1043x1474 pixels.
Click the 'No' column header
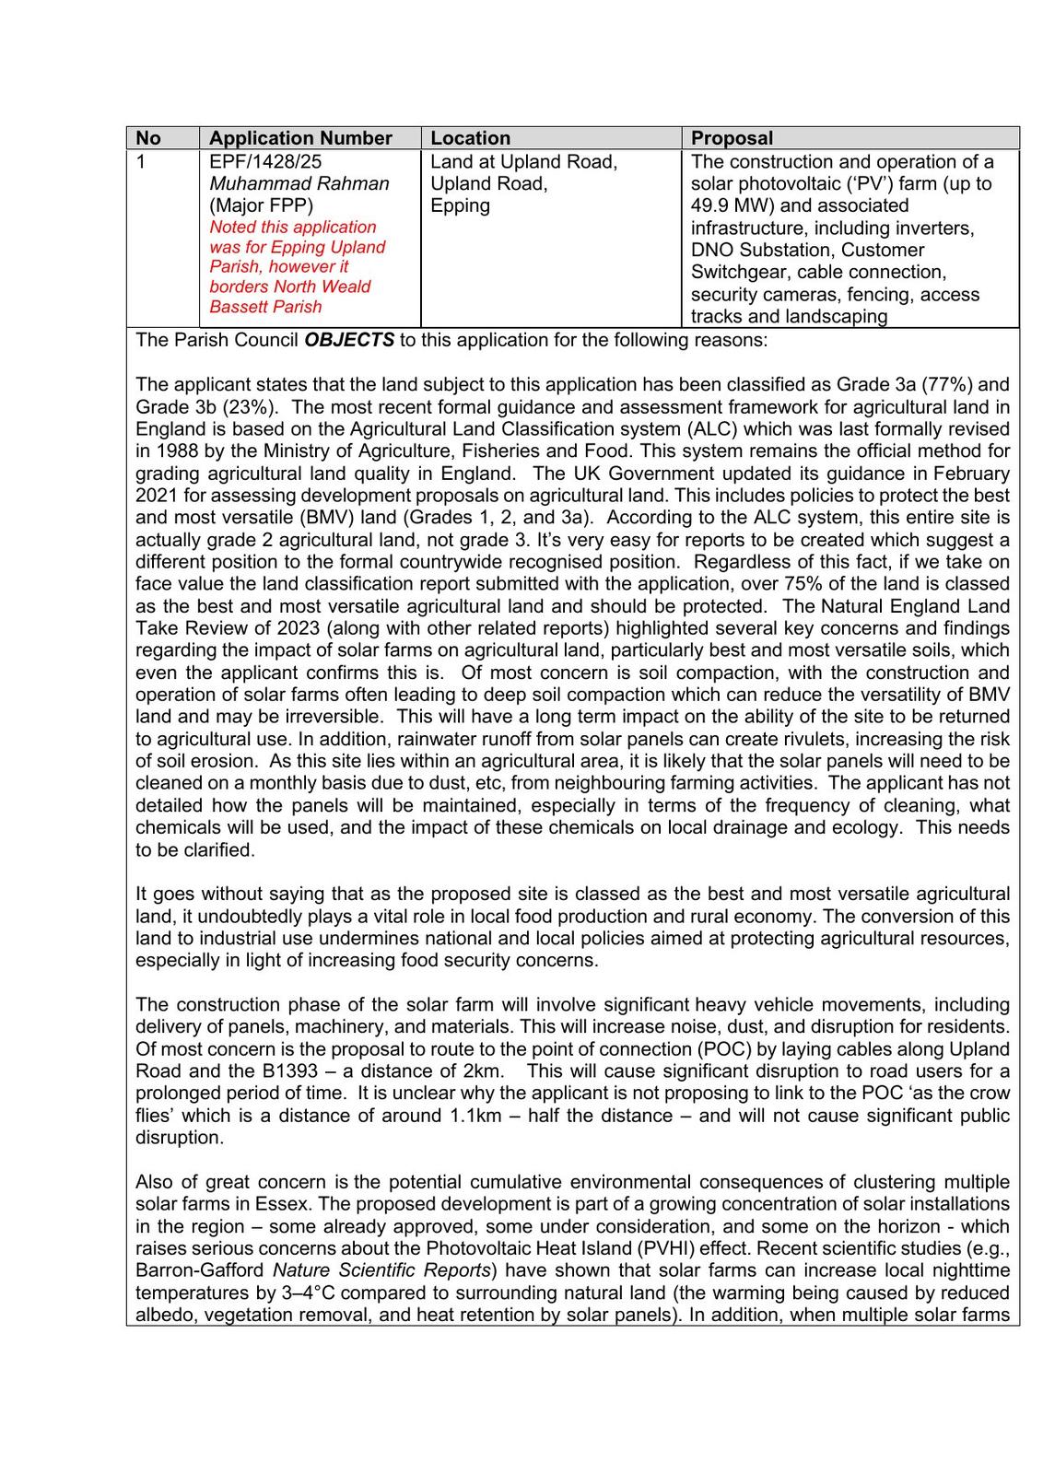tap(148, 138)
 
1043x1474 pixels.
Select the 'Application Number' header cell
tap(300, 138)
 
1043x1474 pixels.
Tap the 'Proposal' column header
tap(732, 138)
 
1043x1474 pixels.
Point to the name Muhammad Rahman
tap(299, 183)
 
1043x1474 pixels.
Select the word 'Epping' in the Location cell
tap(460, 205)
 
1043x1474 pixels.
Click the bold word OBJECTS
tap(348, 339)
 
